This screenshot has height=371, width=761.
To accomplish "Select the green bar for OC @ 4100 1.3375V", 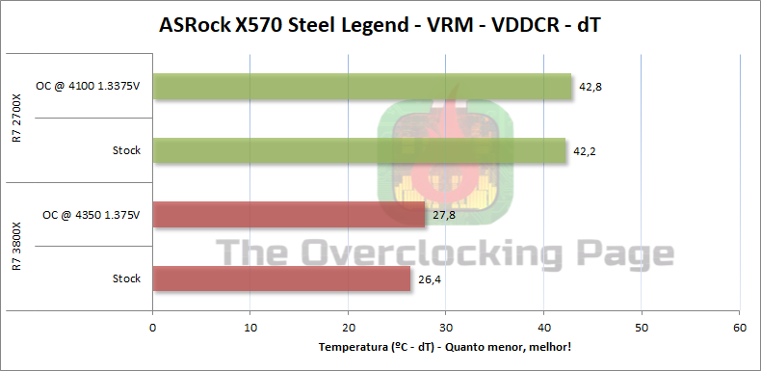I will (x=361, y=87).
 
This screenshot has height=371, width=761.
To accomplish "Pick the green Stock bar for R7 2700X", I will (x=358, y=150).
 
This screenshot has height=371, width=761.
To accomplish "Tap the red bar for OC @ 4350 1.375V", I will (x=288, y=215).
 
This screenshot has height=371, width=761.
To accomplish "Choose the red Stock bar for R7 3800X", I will (x=281, y=278).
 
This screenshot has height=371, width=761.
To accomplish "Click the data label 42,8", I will (x=590, y=87).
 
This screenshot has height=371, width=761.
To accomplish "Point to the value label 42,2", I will (x=585, y=150).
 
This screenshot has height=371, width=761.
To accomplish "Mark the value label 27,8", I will (x=444, y=215).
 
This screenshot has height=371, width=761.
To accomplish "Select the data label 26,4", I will (x=431, y=278).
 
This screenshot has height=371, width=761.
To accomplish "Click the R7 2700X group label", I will (x=17, y=119).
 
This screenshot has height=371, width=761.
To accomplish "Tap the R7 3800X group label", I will (x=17, y=247).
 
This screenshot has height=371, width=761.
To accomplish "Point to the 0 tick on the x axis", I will (x=152, y=328).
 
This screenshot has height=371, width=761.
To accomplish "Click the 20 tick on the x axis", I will (x=348, y=328).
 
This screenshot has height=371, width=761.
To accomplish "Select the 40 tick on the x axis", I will (x=543, y=328).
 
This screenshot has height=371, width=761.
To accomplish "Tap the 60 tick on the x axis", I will (x=739, y=328).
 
